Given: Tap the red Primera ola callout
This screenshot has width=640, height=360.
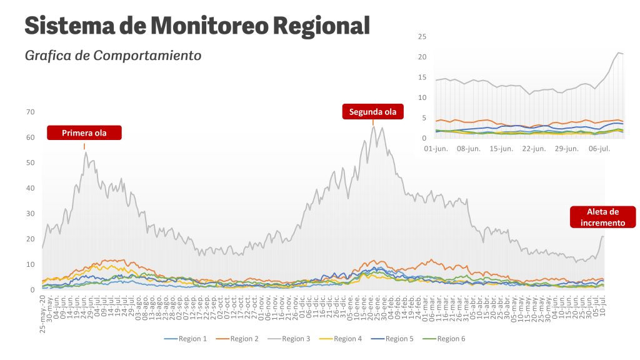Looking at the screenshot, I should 84,132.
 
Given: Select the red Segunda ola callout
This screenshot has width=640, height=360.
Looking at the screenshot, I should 372,112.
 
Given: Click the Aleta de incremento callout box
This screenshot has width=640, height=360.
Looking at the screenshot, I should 602,217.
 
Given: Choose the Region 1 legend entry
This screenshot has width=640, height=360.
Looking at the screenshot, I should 186,339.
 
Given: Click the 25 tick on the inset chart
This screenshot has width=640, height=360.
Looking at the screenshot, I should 422,37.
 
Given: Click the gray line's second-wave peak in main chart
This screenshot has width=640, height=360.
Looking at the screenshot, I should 373,127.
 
